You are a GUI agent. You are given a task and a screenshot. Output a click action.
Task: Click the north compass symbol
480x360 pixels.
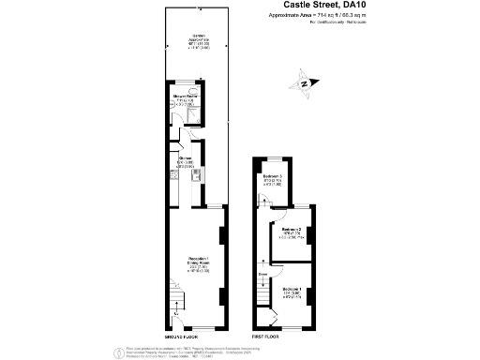(x=307, y=83)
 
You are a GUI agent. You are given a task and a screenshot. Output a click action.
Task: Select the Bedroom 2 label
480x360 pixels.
(x=292, y=231)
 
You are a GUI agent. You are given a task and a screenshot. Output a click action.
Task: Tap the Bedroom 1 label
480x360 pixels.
(x=292, y=292)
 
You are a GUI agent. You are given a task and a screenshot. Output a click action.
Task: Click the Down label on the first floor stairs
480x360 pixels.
(x=262, y=275)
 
